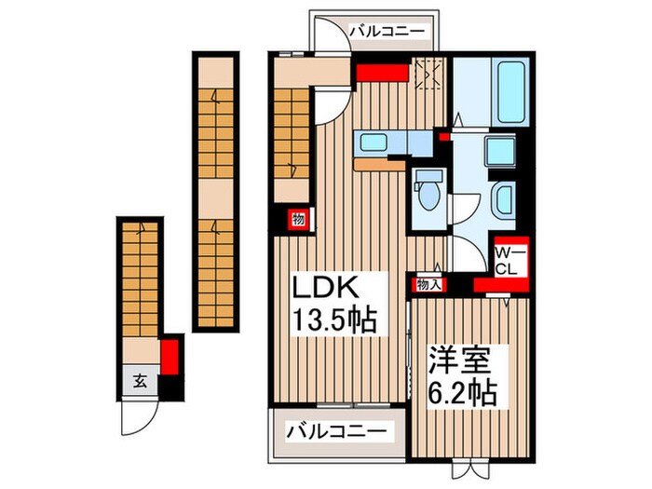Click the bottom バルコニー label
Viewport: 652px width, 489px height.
(x=335, y=432)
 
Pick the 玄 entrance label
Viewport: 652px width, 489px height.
(x=139, y=380)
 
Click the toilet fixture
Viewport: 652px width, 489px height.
(x=429, y=193)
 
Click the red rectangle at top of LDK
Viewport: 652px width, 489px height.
(x=382, y=73)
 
